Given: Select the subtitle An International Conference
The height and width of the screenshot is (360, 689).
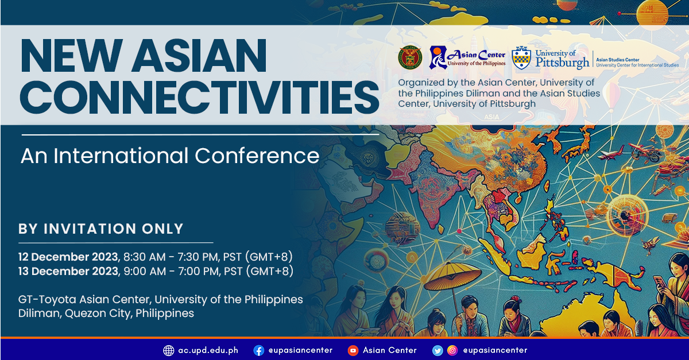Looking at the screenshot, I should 170,156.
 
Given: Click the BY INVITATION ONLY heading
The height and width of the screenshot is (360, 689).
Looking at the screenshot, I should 101,229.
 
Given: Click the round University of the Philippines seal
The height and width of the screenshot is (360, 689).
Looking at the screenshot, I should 410,57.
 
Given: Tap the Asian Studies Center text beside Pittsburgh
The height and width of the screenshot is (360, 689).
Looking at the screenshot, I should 617,60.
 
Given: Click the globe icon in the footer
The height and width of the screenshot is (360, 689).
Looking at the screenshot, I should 168,350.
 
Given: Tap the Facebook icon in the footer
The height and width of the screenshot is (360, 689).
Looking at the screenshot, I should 258,350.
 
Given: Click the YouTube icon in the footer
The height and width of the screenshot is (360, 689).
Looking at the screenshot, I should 353,350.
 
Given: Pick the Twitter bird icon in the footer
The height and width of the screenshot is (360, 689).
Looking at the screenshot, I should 438,350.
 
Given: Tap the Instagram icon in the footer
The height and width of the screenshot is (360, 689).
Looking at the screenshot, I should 452,350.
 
